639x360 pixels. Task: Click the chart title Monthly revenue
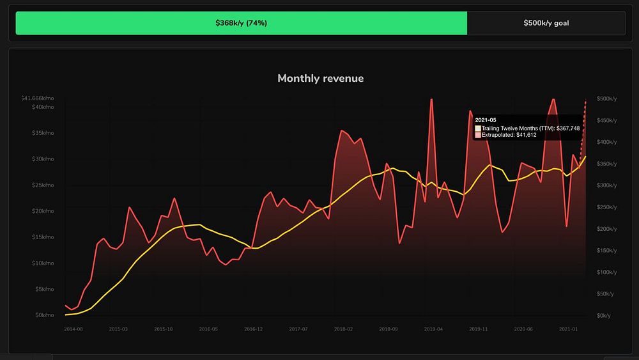coord(320,79)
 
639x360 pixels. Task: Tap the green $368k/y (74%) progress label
coord(241,23)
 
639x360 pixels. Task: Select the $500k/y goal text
coord(546,23)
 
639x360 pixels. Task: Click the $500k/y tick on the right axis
coord(606,99)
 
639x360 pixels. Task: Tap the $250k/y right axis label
coord(606,207)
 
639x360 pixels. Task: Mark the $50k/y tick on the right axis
coord(605,293)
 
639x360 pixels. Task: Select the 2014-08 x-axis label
coord(73,329)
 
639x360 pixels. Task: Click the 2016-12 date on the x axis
coord(254,329)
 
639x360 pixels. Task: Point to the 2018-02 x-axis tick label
coord(344,329)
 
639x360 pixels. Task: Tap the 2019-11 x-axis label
coord(479,329)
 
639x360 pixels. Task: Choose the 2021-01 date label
coord(569,329)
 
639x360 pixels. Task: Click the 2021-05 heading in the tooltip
coord(486,120)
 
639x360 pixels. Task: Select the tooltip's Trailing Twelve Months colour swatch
coord(478,129)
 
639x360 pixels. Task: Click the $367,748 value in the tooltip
coord(568,129)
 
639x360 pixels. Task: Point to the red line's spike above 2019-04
coord(432,100)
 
